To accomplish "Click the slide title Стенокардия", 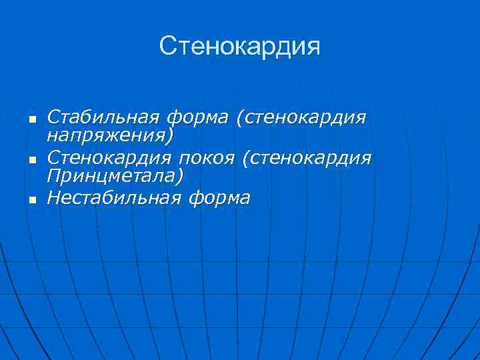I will click(x=240, y=46).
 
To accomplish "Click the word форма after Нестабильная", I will click(x=220, y=198).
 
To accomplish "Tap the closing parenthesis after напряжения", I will click(x=170, y=136).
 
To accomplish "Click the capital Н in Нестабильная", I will click(x=53, y=198).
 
